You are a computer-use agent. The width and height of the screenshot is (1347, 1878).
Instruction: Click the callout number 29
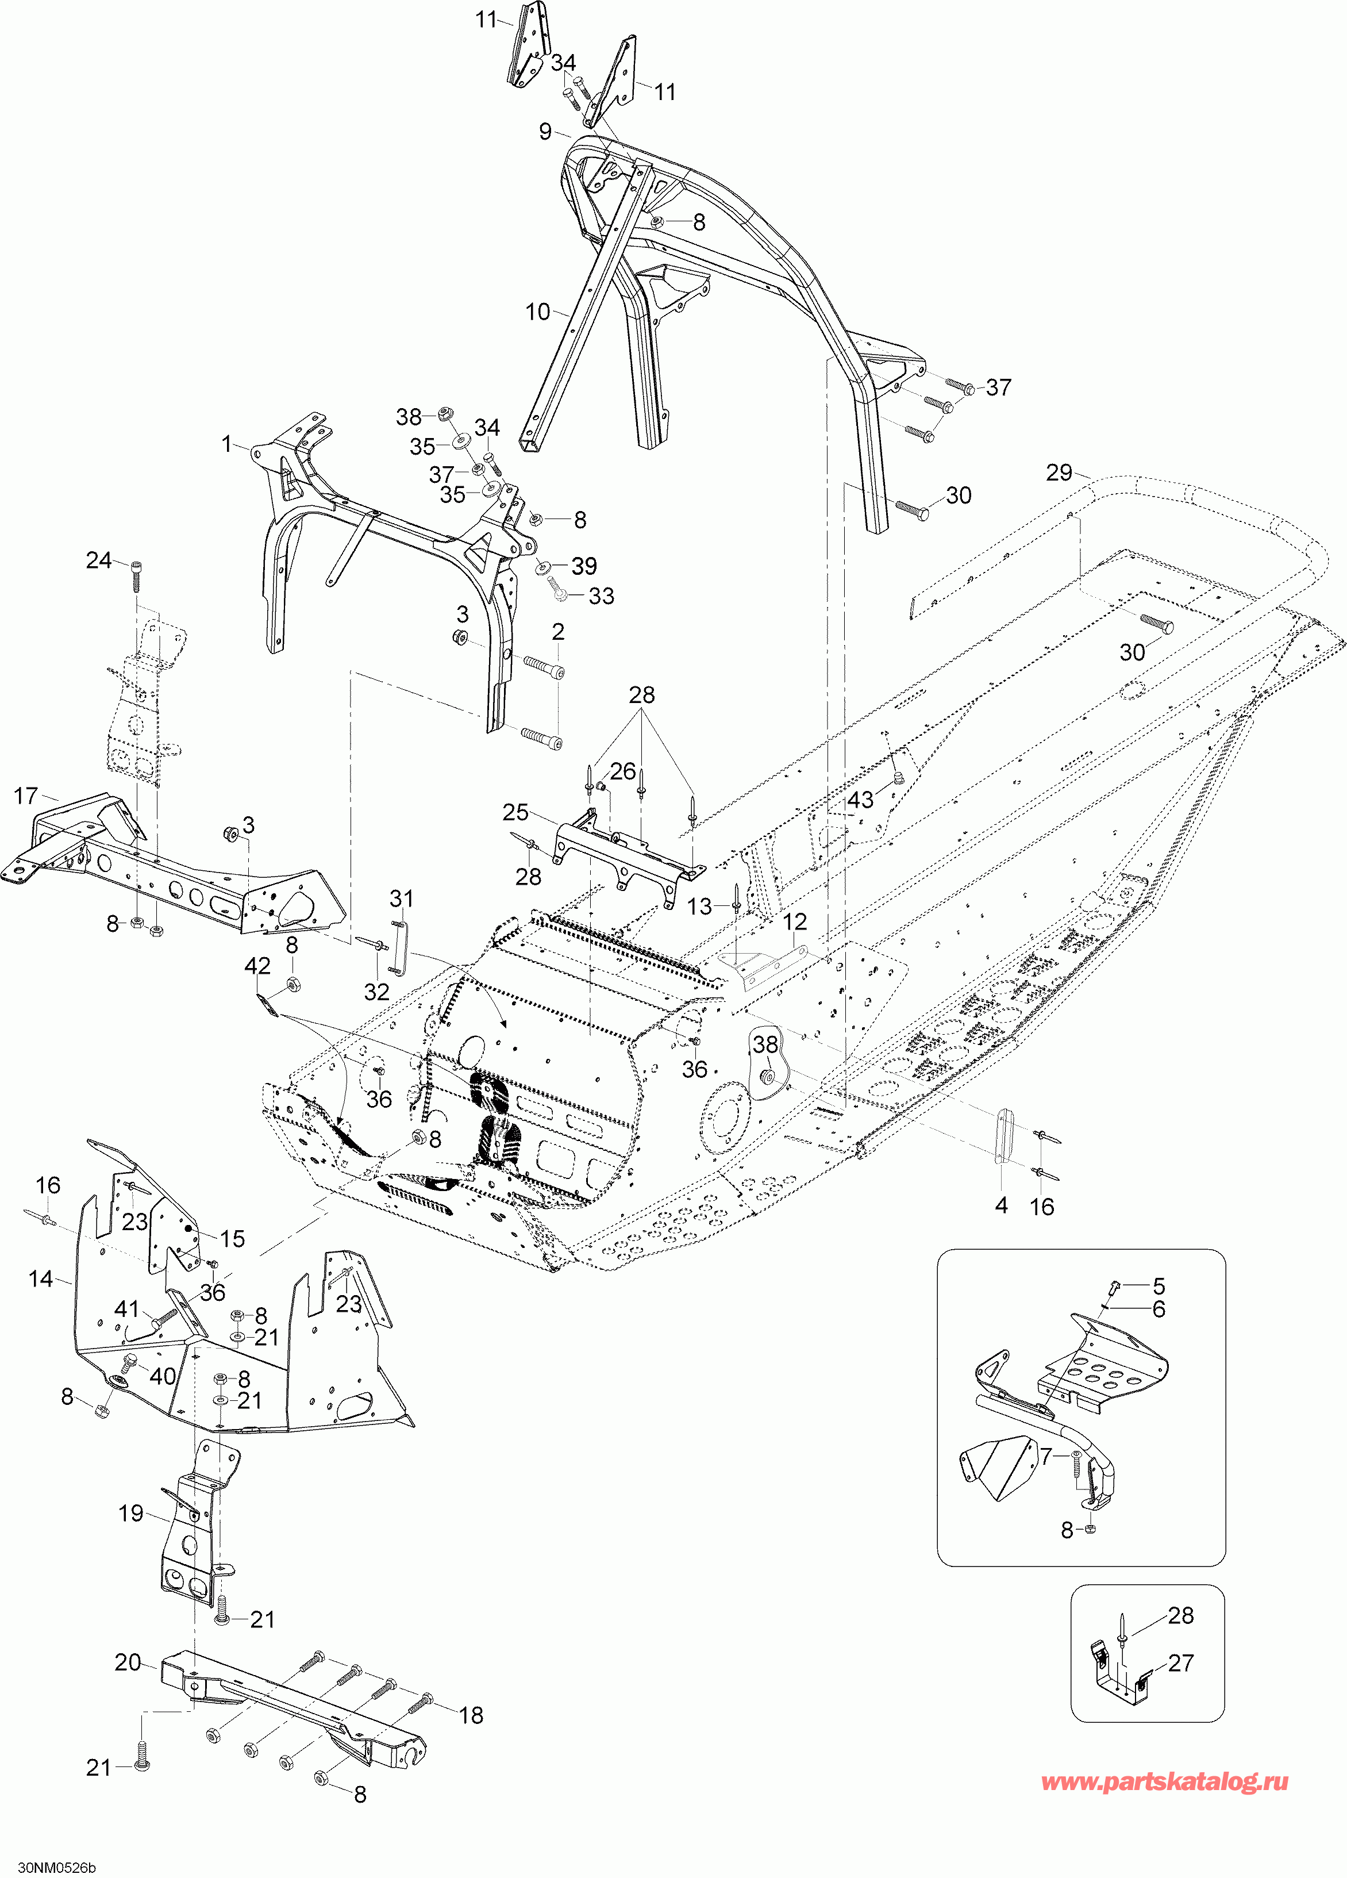point(1059,473)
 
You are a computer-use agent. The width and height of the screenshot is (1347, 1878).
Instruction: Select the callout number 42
point(257,966)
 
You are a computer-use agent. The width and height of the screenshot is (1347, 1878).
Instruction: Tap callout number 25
point(516,812)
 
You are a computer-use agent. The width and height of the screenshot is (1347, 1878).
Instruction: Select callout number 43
point(860,799)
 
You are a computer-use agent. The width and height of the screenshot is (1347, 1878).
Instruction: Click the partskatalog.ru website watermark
point(1164,1782)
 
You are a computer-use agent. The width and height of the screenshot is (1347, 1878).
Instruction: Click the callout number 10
point(538,312)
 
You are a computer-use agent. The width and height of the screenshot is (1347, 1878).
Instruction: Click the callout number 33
point(601,596)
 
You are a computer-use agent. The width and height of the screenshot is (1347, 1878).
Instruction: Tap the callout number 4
point(1001,1205)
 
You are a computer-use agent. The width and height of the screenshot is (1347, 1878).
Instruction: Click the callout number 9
point(545,132)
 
